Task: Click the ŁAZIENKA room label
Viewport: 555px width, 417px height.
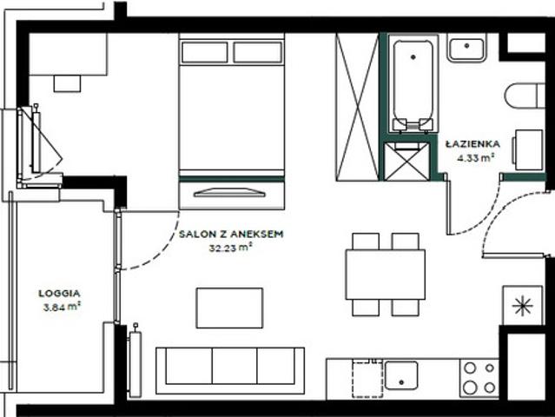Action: coord(472,143)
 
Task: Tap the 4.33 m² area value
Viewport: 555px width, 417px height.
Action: coord(475,157)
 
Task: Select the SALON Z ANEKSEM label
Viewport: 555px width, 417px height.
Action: coord(231,234)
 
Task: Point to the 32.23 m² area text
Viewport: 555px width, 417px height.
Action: coord(230,248)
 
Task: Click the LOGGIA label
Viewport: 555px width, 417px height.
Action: coord(59,293)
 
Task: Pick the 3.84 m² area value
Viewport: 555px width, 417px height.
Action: coord(62,307)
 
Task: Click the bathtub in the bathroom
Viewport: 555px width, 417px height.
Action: coord(413,84)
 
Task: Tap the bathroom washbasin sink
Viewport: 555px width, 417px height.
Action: coord(466,48)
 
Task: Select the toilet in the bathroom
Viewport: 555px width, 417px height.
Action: coord(525,96)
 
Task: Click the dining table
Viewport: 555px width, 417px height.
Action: coord(386,275)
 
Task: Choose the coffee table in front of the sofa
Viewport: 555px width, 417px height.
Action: coord(229,308)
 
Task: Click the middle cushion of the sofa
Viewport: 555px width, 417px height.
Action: coord(235,366)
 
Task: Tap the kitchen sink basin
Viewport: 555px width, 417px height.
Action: coord(401,375)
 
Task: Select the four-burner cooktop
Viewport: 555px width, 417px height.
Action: coord(479,378)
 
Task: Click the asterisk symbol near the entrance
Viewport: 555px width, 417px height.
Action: coord(523,306)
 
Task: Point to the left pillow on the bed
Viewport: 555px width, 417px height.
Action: coord(205,52)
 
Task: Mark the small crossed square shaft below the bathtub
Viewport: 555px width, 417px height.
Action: coord(406,162)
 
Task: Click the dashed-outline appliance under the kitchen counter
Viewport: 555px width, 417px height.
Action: coord(367,379)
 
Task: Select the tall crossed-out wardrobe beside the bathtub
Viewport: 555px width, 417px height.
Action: coord(358,107)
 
